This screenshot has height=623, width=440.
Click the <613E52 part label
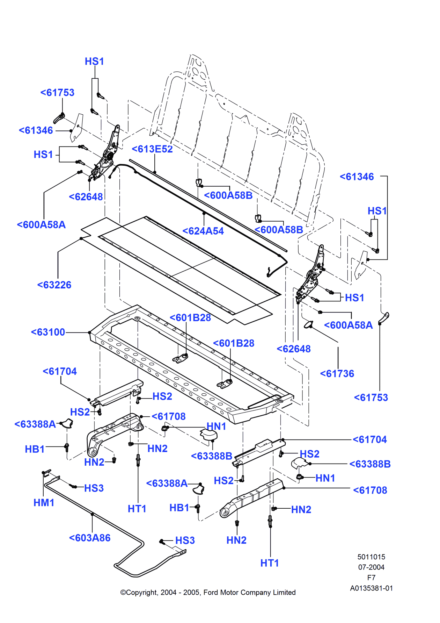[x=152, y=149]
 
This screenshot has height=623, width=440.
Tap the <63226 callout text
[x=54, y=285]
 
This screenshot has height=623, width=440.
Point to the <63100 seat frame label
[x=48, y=332]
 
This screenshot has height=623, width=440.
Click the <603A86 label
[x=90, y=538]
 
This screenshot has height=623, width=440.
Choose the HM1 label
[x=44, y=503]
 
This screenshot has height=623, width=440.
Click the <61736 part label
[x=337, y=374]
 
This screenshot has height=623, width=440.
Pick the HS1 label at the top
[x=94, y=62]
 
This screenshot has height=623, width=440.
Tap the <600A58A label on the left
[x=41, y=225]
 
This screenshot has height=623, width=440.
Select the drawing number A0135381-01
[x=371, y=588]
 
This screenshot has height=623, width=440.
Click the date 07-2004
[x=371, y=567]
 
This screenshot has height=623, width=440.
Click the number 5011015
[x=371, y=557]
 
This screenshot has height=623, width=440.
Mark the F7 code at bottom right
[x=371, y=578]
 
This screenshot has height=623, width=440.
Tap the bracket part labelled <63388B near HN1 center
[x=209, y=435]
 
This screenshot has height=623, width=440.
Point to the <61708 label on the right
[x=370, y=490]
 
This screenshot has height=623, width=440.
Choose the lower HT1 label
[x=270, y=563]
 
